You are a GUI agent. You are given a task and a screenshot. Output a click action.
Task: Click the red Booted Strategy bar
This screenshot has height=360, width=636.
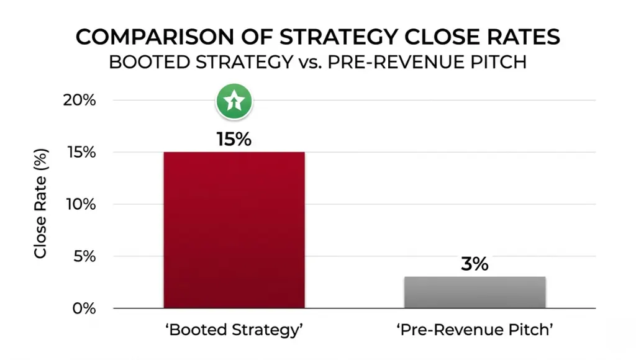(x=234, y=230)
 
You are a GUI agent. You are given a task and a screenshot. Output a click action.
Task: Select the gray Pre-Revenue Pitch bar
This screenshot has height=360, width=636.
(x=475, y=292)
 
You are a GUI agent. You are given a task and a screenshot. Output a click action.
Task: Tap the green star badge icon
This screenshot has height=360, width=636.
(x=234, y=101)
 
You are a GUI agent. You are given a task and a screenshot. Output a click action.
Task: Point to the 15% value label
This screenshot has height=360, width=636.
(x=234, y=139)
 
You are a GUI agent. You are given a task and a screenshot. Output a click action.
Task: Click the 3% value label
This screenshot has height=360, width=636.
(x=475, y=264)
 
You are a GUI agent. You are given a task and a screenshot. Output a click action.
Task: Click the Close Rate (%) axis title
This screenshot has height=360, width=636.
(x=41, y=204)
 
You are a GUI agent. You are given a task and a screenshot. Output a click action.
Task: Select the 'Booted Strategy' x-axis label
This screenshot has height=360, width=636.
(x=234, y=330)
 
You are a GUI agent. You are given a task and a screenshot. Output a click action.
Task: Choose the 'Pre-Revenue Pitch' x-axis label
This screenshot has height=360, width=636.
(x=475, y=330)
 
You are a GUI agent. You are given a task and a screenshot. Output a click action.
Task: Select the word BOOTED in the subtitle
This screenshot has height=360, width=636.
(x=150, y=63)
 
